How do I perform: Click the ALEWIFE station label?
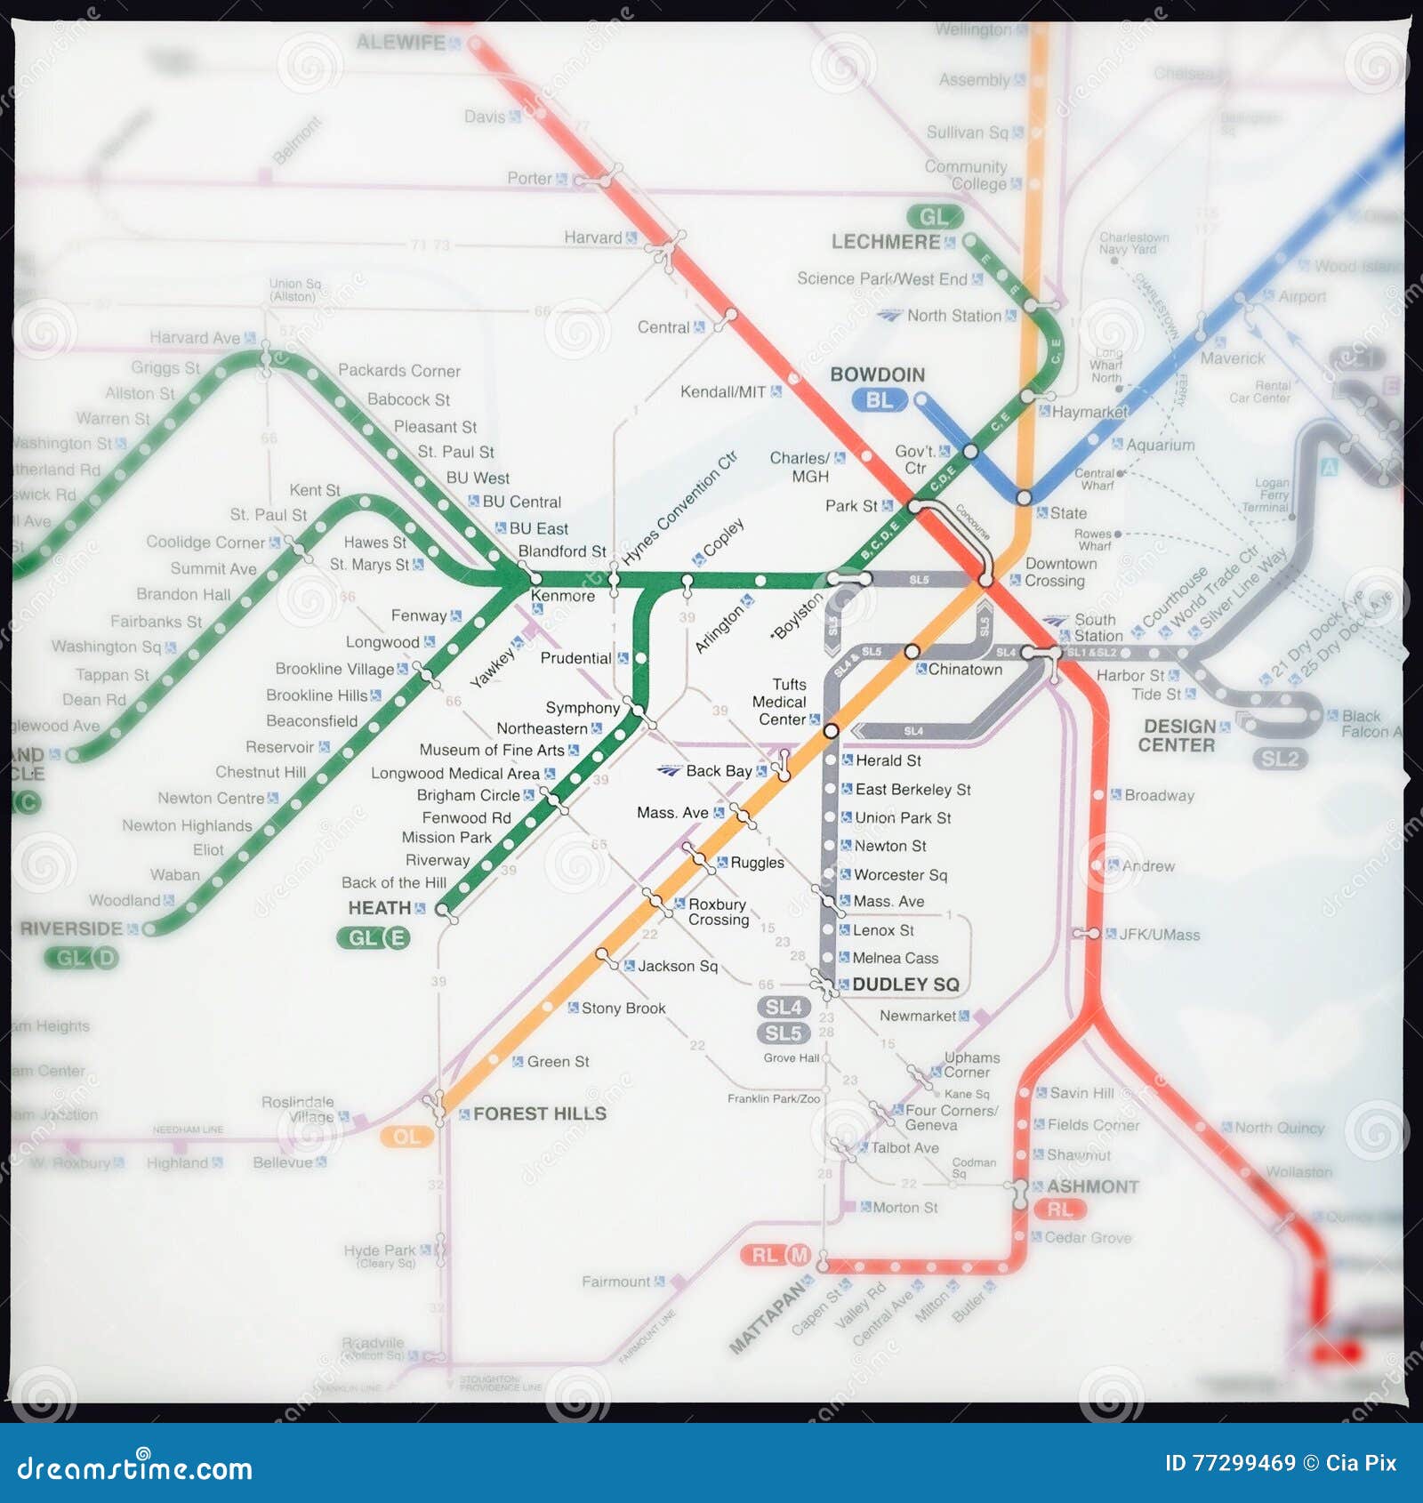[400, 43]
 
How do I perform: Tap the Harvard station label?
[592, 237]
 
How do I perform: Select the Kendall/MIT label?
[722, 392]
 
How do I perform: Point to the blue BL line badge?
[879, 401]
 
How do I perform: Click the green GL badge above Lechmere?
[934, 217]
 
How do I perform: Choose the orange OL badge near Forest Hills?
[406, 1137]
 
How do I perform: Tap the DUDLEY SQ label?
[905, 985]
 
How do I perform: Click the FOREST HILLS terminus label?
[539, 1113]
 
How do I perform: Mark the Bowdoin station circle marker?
[921, 399]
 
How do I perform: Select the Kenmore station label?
[562, 596]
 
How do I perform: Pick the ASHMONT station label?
[1092, 1186]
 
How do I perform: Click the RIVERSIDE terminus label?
[71, 928]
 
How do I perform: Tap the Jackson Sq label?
[677, 966]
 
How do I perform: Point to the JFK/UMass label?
[1159, 935]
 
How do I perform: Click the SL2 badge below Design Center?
[1280, 759]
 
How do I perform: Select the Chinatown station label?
[965, 670]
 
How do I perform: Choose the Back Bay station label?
[719, 771]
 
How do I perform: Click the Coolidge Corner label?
[205, 543]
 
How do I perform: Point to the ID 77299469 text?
[1229, 1463]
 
